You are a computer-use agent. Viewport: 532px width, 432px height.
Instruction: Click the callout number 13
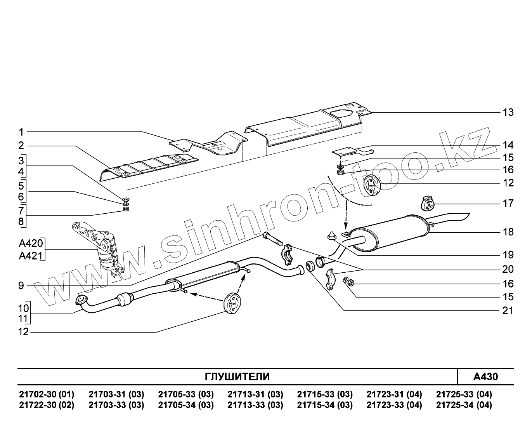click(508, 112)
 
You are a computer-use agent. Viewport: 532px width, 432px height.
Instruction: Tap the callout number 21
click(508, 310)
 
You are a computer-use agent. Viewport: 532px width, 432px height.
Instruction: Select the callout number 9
click(21, 286)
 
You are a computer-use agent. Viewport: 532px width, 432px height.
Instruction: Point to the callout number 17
click(508, 203)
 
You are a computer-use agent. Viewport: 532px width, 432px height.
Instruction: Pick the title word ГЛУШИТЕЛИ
click(237, 377)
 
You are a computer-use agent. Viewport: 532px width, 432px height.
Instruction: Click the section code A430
click(485, 377)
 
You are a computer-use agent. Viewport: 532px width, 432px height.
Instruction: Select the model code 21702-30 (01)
click(47, 395)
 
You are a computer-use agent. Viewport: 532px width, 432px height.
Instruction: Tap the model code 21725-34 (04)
click(464, 405)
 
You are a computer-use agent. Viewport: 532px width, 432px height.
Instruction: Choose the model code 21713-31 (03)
click(255, 395)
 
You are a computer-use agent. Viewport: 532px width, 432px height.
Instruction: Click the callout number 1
click(21, 132)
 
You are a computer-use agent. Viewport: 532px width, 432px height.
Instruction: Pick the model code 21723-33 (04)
click(394, 405)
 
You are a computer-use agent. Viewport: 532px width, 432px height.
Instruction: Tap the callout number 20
click(508, 269)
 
